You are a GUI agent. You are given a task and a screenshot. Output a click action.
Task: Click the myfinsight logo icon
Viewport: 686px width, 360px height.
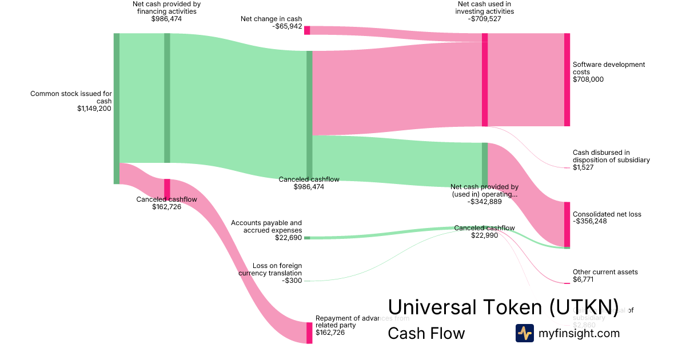pos(525,333)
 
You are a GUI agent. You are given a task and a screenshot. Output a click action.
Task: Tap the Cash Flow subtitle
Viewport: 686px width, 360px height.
pos(426,333)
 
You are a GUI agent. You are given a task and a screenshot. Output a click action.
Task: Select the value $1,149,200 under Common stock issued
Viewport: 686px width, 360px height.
pos(94,109)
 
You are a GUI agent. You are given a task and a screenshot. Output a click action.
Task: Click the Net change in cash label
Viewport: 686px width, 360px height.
pos(271,19)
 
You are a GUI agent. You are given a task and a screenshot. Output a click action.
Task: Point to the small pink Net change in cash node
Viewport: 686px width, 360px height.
pos(307,30)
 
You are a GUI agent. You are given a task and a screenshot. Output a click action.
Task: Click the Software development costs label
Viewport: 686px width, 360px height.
pos(608,69)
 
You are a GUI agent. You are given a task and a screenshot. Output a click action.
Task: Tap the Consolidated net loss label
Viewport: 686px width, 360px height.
pos(607,214)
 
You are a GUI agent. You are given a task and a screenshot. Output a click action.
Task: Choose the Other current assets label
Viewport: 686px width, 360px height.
pos(605,272)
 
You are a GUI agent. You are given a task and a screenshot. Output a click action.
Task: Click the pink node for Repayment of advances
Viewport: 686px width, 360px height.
pos(309,333)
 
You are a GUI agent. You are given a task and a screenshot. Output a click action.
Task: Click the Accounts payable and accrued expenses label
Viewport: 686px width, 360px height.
pos(266,226)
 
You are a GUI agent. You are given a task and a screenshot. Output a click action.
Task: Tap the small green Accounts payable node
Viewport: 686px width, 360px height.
pos(307,238)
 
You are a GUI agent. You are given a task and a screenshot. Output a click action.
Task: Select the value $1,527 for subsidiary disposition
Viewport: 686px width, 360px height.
pos(583,167)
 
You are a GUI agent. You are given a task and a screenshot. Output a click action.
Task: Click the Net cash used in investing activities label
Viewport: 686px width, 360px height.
pos(484,7)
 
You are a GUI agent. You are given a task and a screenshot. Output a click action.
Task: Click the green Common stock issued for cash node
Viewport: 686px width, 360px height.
pos(117,109)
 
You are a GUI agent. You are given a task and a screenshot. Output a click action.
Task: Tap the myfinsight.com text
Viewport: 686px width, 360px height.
pos(579,333)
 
